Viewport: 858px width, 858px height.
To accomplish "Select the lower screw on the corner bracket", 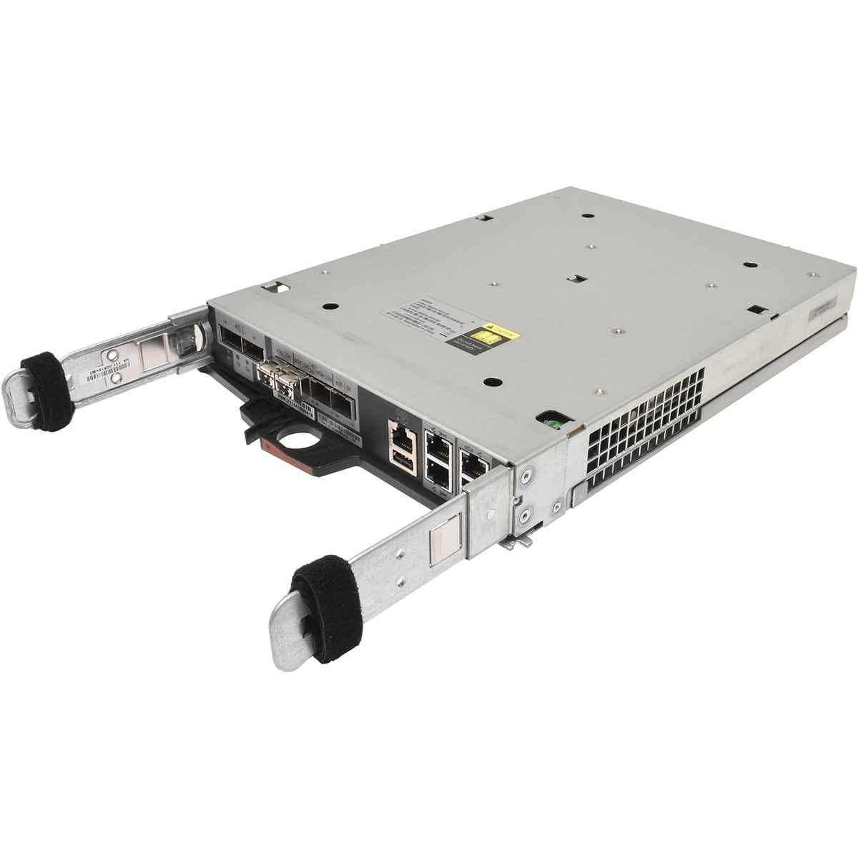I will click(526, 514).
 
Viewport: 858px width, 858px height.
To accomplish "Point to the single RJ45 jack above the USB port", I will click(399, 433).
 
